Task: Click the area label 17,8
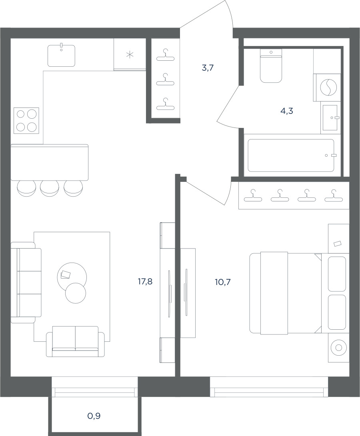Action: [145, 282]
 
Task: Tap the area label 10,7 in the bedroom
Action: [223, 282]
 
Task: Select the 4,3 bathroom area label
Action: [287, 111]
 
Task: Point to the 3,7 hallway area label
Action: [208, 68]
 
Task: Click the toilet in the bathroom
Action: [271, 66]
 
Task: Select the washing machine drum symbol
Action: [328, 87]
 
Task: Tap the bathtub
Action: [291, 155]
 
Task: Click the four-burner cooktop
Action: [26, 120]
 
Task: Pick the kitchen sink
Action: [61, 55]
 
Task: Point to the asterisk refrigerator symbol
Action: [130, 54]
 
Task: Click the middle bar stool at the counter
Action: [50, 188]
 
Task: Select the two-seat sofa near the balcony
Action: [76, 341]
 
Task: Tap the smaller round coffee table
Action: [76, 293]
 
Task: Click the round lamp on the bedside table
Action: [338, 348]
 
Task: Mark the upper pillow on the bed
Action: [337, 274]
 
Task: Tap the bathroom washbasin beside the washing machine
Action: [330, 117]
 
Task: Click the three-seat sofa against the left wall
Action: [26, 283]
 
